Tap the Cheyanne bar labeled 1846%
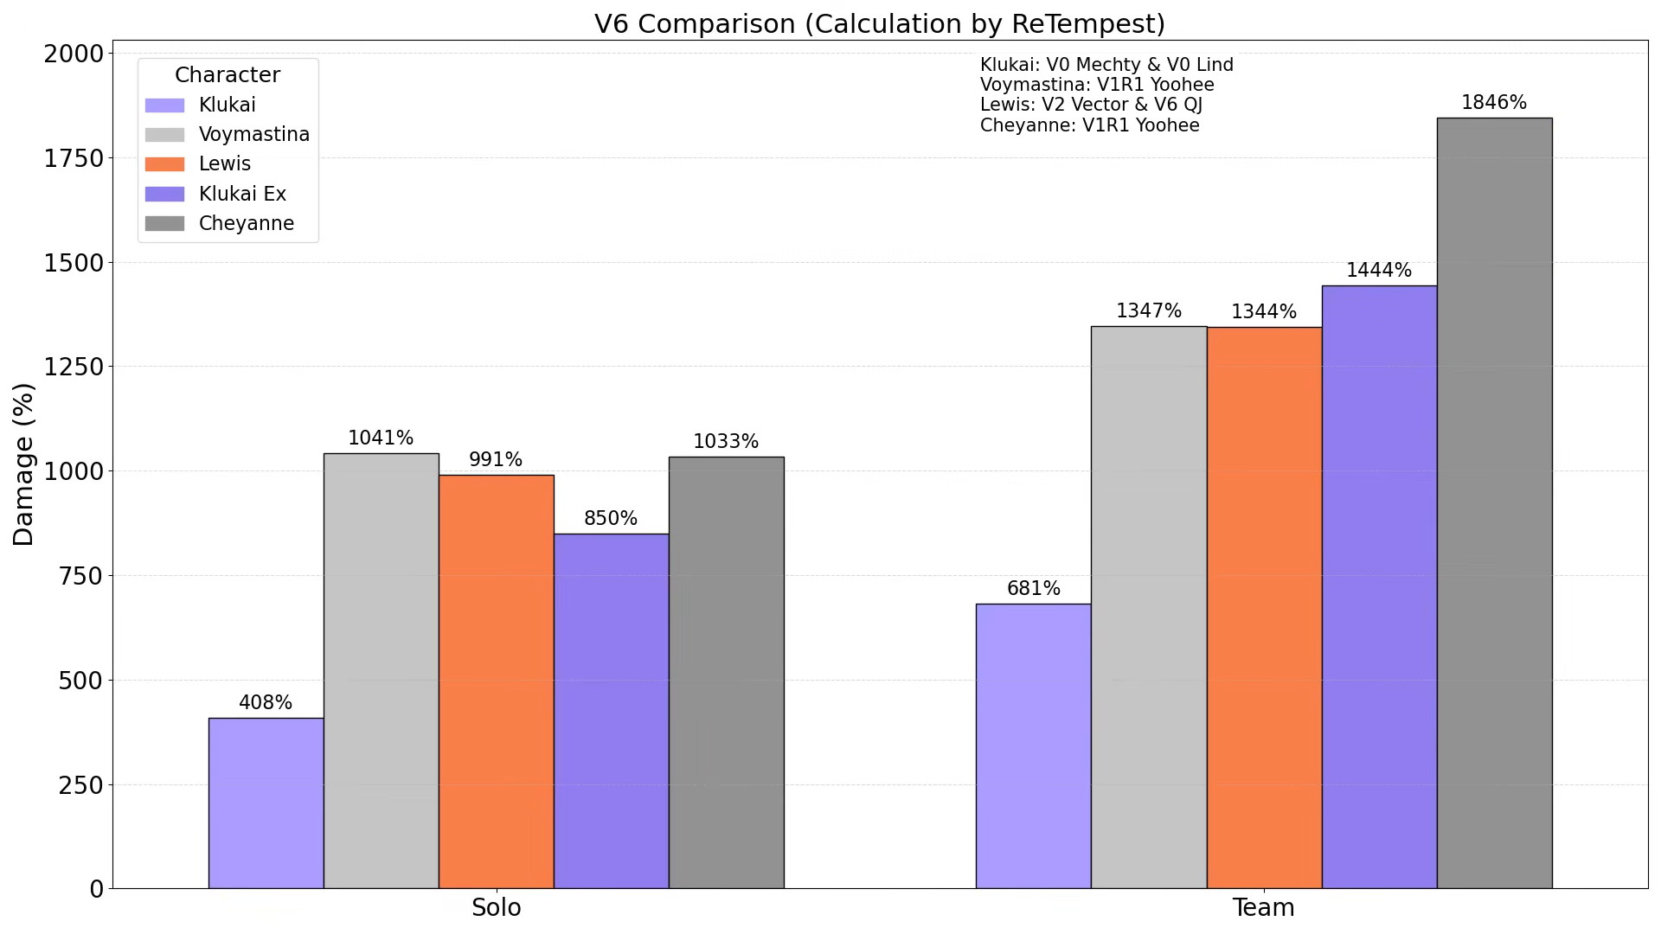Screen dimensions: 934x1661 1494,502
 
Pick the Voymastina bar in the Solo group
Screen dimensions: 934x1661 381,670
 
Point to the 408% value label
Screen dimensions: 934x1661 266,703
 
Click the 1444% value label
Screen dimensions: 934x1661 1379,271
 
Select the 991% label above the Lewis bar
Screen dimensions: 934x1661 496,460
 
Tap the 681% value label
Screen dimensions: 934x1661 1033,589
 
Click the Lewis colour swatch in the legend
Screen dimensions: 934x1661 164,164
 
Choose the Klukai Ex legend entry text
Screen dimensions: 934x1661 242,194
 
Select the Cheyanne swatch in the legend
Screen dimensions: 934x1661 164,224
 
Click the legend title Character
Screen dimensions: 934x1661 228,75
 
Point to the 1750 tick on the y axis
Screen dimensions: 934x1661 74,158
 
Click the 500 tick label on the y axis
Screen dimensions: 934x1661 80,681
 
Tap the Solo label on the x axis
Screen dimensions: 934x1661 496,908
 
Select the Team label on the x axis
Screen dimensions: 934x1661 1263,908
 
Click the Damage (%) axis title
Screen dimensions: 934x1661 23,464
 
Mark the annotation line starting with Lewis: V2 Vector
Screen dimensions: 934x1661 1090,106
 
